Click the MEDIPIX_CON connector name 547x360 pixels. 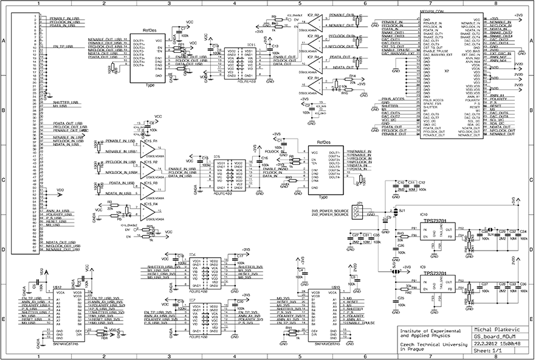433,12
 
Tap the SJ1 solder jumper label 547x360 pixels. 402,210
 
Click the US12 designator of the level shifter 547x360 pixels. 58,286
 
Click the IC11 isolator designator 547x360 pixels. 251,45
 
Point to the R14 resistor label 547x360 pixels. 352,77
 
